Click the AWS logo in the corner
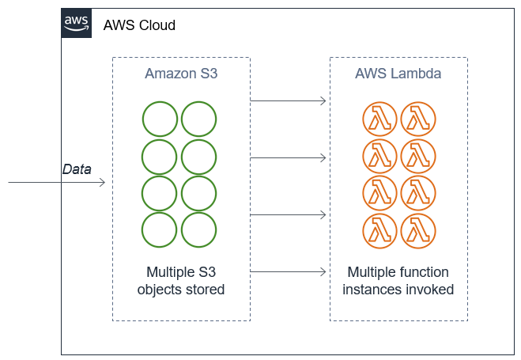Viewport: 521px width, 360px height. click(77, 24)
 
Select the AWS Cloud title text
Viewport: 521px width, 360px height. click(139, 26)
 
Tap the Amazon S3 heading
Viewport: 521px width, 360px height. click(181, 74)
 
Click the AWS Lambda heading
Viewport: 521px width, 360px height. click(398, 74)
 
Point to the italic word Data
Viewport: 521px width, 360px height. click(77, 169)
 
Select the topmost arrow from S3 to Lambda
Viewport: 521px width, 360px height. click(289, 100)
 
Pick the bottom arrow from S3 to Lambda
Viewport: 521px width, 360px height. click(289, 271)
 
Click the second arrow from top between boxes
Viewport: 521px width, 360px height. click(289, 157)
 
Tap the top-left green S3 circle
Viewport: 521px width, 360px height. click(160, 119)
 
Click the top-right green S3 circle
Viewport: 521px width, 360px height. click(199, 119)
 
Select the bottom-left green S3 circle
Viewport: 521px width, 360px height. click(160, 229)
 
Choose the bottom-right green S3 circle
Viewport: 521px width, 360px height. click(199, 229)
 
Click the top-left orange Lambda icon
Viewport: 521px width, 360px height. click(379, 119)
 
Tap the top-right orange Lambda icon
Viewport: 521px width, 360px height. click(418, 119)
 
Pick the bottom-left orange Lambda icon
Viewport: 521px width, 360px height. click(379, 229)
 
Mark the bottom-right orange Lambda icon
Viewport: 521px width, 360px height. click(418, 229)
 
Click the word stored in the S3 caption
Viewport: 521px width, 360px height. click(205, 290)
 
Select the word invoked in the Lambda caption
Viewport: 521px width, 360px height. click(431, 290)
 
